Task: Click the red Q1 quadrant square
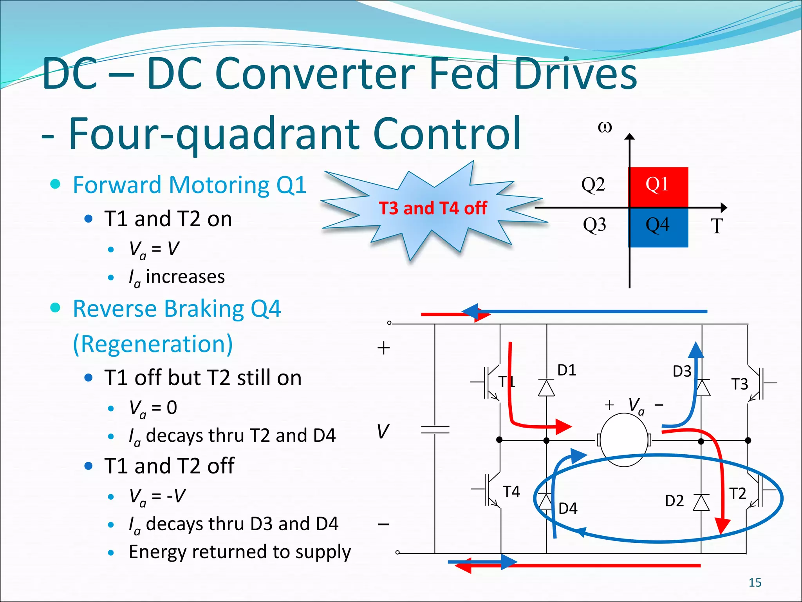tap(658, 187)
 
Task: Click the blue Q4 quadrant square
tap(658, 227)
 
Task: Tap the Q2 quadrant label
tap(593, 184)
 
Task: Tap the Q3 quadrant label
tap(594, 225)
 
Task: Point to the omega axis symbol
tap(605, 127)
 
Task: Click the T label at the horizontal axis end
tap(717, 227)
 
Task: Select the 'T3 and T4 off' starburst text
tap(433, 208)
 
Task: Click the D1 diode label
tap(567, 370)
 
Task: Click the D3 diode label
tap(682, 372)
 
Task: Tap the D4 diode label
tap(568, 509)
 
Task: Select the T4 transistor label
tap(511, 492)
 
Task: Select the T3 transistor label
tap(739, 384)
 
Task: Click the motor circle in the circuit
tap(624, 441)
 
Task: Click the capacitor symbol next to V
tap(435, 430)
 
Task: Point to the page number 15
tap(755, 583)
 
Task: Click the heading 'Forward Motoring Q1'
tap(190, 185)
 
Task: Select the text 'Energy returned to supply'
tap(240, 552)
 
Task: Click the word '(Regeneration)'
tap(153, 344)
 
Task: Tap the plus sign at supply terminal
tap(383, 348)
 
